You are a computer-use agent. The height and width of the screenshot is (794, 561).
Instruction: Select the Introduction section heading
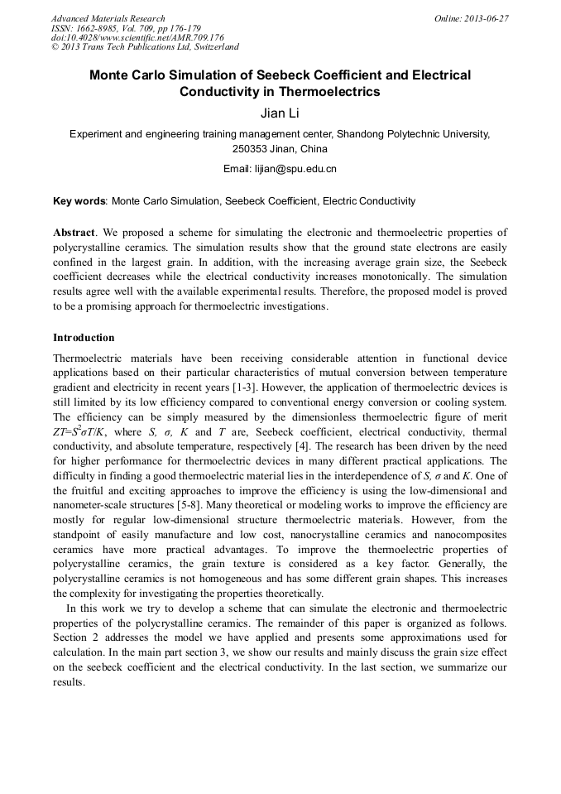pos(84,338)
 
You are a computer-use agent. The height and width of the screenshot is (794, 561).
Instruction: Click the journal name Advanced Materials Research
pos(108,18)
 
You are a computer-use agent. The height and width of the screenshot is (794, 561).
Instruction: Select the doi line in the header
pos(137,37)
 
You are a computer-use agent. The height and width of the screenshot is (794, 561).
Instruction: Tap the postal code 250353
pos(251,149)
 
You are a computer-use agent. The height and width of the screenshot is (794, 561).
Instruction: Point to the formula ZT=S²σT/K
pos(88,431)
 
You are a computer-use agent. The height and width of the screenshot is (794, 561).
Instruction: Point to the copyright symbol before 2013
pos(55,47)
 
